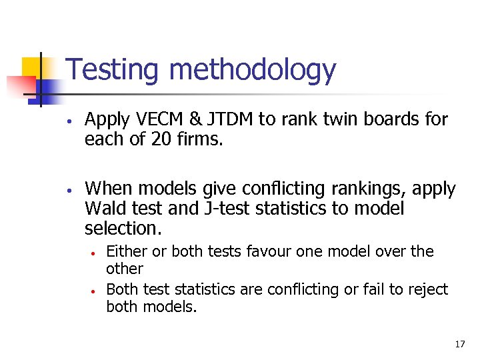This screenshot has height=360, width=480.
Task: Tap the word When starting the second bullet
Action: point(107,189)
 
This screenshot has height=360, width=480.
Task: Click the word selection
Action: point(123,228)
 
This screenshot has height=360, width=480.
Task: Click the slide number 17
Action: point(459,344)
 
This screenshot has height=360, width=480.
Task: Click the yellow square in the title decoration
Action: point(33,69)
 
